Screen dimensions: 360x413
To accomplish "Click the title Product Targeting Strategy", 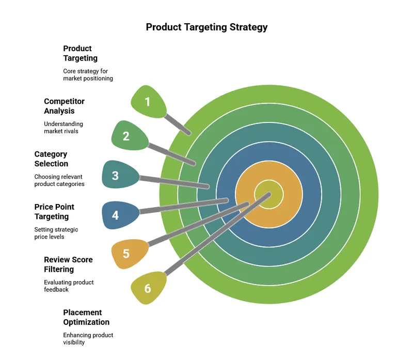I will tap(206, 27).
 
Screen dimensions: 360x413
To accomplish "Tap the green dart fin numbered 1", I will tap(149, 101).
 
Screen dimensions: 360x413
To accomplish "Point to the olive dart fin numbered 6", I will tap(149, 288).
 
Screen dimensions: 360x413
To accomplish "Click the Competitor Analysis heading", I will tap(64, 106).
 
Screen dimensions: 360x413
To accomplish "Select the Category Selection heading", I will tap(51, 159).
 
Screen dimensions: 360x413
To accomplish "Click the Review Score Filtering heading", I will tap(68, 264).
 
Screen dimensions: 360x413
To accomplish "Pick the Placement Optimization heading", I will tap(86, 317).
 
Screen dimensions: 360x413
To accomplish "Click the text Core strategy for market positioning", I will tap(88, 75).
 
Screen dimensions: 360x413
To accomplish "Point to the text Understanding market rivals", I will tap(63, 128).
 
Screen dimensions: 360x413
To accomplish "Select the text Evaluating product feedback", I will tap(69, 286).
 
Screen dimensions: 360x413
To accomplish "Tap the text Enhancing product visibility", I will tap(88, 339).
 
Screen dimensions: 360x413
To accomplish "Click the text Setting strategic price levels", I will tap(56, 233).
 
